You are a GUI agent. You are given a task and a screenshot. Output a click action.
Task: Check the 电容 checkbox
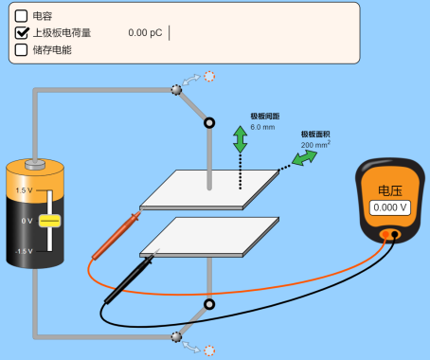[x=21, y=16]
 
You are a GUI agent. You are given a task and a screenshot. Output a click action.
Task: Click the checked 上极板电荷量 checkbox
[x=21, y=33]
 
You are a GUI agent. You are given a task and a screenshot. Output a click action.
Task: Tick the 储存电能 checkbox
[x=21, y=50]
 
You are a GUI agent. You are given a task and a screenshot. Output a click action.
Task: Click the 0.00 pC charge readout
[x=145, y=33]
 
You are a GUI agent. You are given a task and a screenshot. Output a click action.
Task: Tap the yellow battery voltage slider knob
[x=49, y=221]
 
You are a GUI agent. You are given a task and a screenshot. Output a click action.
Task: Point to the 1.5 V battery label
[x=24, y=190]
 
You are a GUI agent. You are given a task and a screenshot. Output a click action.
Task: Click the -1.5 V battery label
[x=24, y=251]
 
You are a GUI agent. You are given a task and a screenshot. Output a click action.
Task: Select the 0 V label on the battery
[x=27, y=221]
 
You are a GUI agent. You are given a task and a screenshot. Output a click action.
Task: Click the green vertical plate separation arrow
[x=241, y=139]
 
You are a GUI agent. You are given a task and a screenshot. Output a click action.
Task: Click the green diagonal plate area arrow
[x=304, y=157]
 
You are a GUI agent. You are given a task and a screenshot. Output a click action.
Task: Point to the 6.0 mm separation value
[x=262, y=127]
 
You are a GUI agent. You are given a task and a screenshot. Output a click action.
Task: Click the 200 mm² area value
[x=315, y=144]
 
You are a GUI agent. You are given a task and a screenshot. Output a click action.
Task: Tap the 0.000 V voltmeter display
[x=390, y=207]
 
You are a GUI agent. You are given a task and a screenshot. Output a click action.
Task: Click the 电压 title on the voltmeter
[x=390, y=190]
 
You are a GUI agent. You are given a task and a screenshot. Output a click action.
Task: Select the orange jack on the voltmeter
[x=385, y=234]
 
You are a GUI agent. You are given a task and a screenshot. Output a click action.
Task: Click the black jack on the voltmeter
[x=395, y=234]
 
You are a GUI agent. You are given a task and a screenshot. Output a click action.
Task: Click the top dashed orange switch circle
[x=209, y=77]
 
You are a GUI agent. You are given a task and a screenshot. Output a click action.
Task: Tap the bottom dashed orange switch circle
[x=209, y=351]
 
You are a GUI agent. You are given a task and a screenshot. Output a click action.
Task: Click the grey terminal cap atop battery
[x=35, y=165]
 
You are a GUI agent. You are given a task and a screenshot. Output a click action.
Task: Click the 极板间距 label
[x=265, y=117]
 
